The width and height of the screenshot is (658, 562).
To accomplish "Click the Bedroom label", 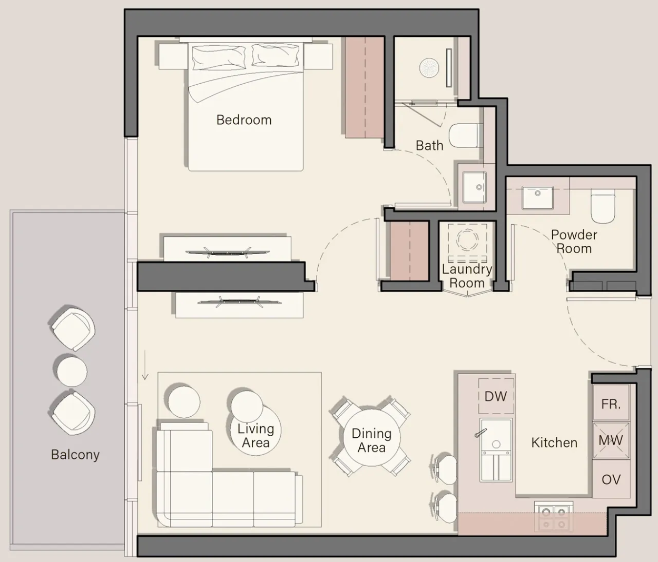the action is click(x=244, y=120).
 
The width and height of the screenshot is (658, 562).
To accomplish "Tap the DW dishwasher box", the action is click(x=496, y=396).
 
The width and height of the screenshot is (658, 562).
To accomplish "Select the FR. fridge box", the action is click(x=611, y=404).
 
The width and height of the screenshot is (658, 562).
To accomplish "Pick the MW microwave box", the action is click(x=611, y=440).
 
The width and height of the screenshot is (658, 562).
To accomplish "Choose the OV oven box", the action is click(x=611, y=479).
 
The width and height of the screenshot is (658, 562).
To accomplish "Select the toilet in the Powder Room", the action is click(x=602, y=206).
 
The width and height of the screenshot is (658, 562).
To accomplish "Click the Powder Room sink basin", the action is click(x=537, y=197).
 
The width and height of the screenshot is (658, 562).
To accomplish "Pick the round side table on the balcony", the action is click(x=72, y=371).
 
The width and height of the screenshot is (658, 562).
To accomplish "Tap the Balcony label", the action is click(x=75, y=455).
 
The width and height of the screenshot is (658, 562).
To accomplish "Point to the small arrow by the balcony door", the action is click(x=145, y=365).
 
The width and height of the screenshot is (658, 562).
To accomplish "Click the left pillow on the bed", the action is click(x=219, y=57).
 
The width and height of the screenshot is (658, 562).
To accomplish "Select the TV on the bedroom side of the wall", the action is click(x=227, y=253).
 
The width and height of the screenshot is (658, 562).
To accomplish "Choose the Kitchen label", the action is click(x=554, y=443).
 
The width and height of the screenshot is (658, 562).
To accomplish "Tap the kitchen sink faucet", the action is click(x=480, y=433).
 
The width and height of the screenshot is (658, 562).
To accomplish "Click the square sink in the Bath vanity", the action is click(x=474, y=187).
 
